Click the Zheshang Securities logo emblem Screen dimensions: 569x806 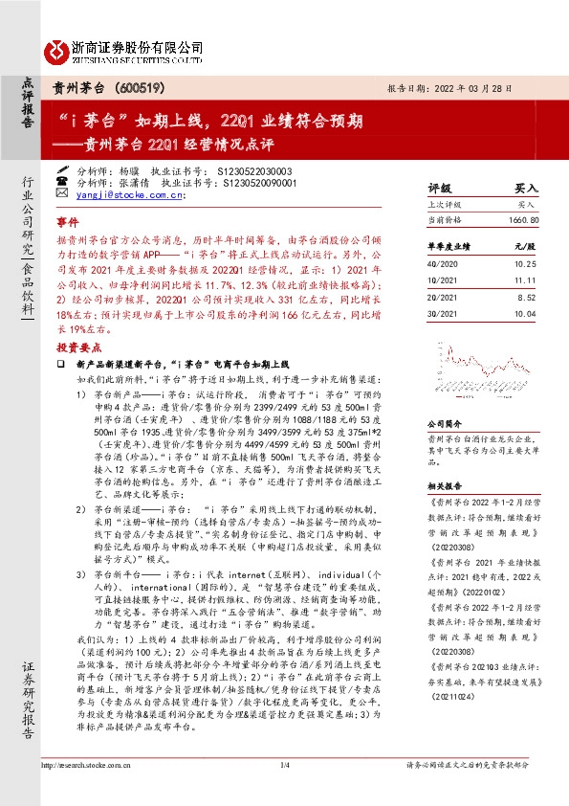[x=56, y=48]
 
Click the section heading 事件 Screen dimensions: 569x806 [x=68, y=219]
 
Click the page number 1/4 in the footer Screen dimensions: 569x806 [x=284, y=765]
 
